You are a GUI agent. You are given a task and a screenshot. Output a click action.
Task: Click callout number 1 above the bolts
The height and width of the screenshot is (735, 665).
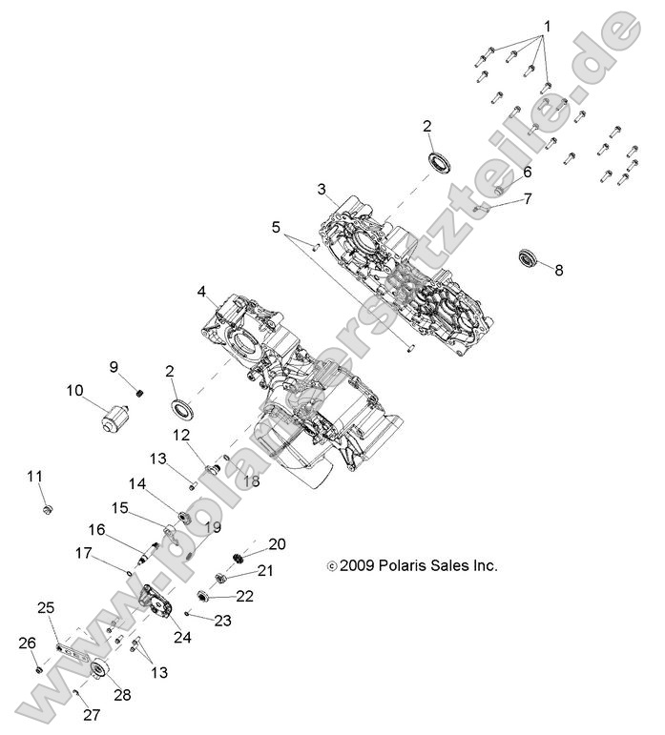pos(547,25)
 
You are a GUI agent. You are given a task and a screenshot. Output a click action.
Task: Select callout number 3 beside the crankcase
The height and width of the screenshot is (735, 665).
pos(322,189)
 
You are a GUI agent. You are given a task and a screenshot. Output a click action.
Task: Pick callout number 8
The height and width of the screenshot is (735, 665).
pos(559,270)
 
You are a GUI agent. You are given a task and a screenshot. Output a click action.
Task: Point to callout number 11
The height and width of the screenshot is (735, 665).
pos(34,476)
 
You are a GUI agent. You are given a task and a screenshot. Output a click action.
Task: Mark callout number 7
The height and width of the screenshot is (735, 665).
pos(526,198)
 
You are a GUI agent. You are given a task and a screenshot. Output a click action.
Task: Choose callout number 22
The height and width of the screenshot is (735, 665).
pos(245,596)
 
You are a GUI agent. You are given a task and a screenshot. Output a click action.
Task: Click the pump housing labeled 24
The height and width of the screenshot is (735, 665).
pos(155,604)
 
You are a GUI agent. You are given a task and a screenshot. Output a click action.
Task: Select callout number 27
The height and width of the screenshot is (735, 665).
pos(91,715)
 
